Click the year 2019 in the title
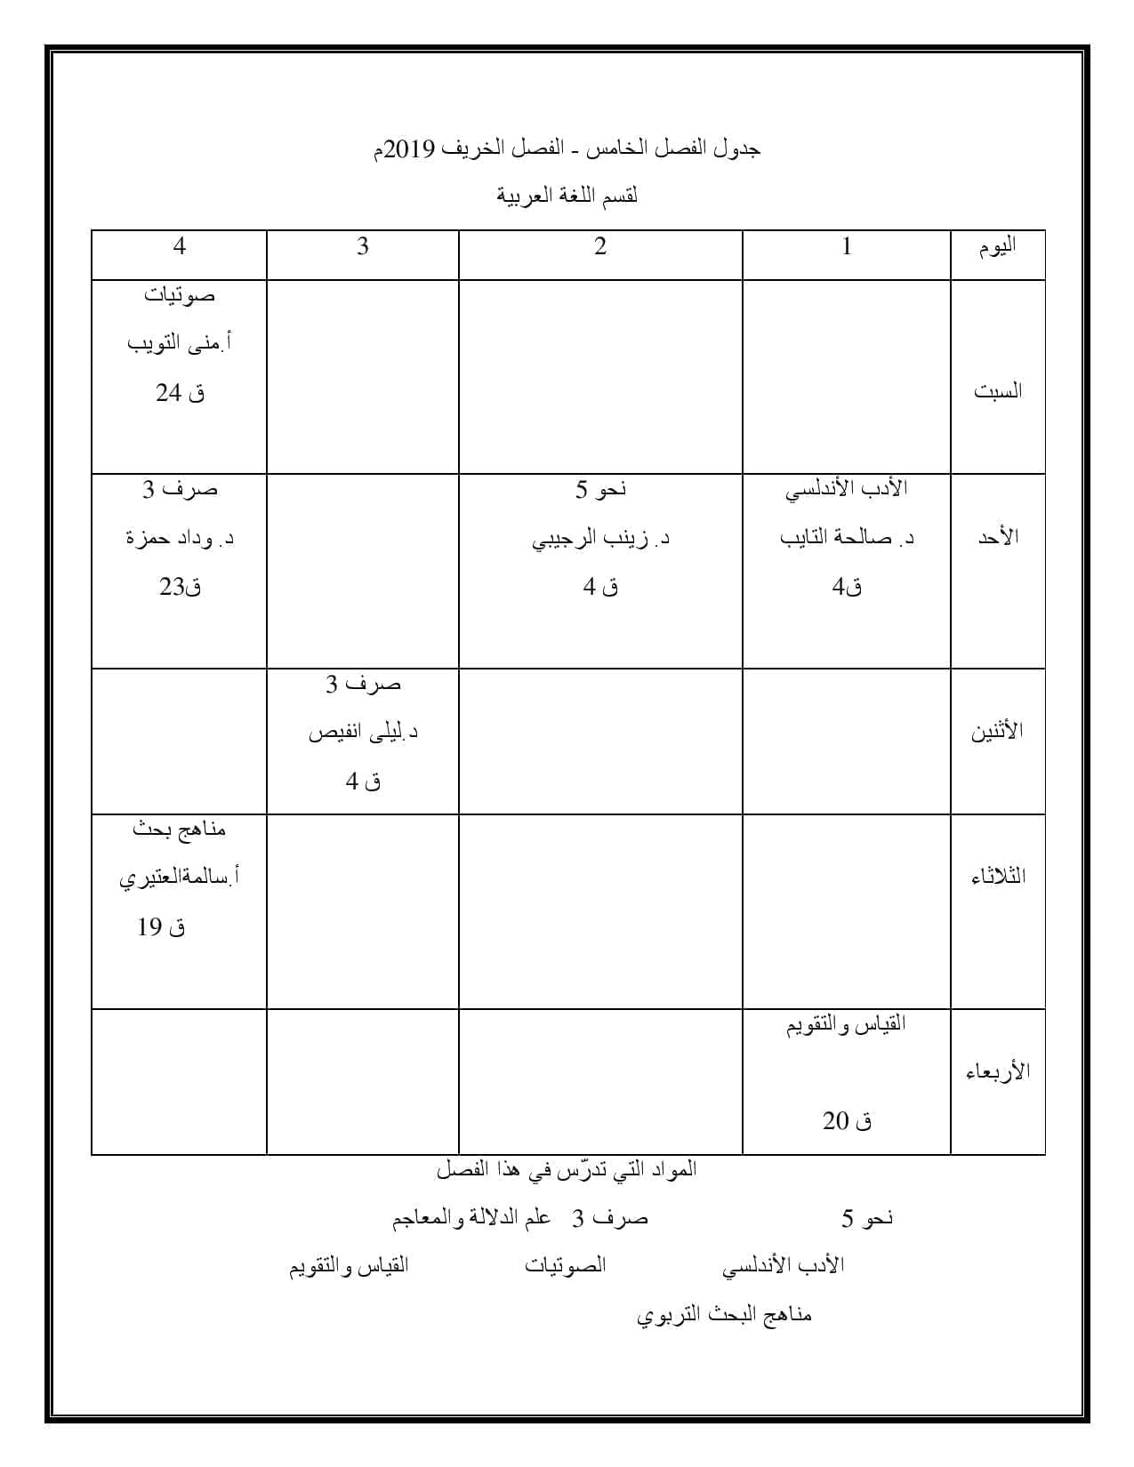413,148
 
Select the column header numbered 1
847,246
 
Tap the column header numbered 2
600,246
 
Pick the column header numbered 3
363,246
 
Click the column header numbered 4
180,246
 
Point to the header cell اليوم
998,247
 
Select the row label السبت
998,391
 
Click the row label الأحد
998,537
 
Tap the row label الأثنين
997,732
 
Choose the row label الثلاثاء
998,877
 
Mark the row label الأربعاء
998,1071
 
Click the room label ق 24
181,393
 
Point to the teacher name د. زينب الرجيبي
600,539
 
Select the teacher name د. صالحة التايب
847,538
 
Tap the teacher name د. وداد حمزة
180,539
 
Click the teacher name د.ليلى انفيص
363,733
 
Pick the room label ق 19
162,928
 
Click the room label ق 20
847,1122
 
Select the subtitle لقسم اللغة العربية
567,196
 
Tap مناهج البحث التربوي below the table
725,1315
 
